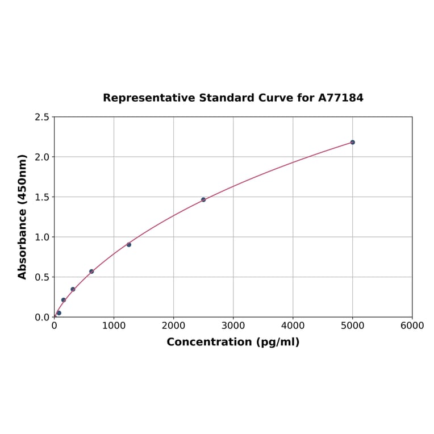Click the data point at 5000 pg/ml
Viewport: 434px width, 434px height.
(x=352, y=142)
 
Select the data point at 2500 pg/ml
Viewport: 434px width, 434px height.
(x=203, y=199)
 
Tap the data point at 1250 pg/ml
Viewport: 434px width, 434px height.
(x=129, y=244)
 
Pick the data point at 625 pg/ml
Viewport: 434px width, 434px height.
(x=91, y=272)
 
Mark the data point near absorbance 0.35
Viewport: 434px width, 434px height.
(x=73, y=289)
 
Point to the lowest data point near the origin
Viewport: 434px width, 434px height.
(x=59, y=313)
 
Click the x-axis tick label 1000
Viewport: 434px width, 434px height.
(x=114, y=325)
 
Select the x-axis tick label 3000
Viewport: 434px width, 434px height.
(x=233, y=325)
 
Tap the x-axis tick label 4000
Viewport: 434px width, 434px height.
(x=293, y=325)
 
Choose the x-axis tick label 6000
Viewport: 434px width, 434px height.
(x=412, y=325)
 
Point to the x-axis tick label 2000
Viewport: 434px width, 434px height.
(x=173, y=325)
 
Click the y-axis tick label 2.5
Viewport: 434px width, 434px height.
(x=42, y=117)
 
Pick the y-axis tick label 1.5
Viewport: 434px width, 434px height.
(x=42, y=197)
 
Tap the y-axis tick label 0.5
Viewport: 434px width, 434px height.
(x=42, y=277)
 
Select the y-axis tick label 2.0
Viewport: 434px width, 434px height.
(x=42, y=157)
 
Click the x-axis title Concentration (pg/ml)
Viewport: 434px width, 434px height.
(x=233, y=342)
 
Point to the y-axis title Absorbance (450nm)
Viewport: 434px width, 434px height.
(x=23, y=216)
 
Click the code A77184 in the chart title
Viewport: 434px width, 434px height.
(x=340, y=98)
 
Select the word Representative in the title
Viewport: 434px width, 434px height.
(x=149, y=98)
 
